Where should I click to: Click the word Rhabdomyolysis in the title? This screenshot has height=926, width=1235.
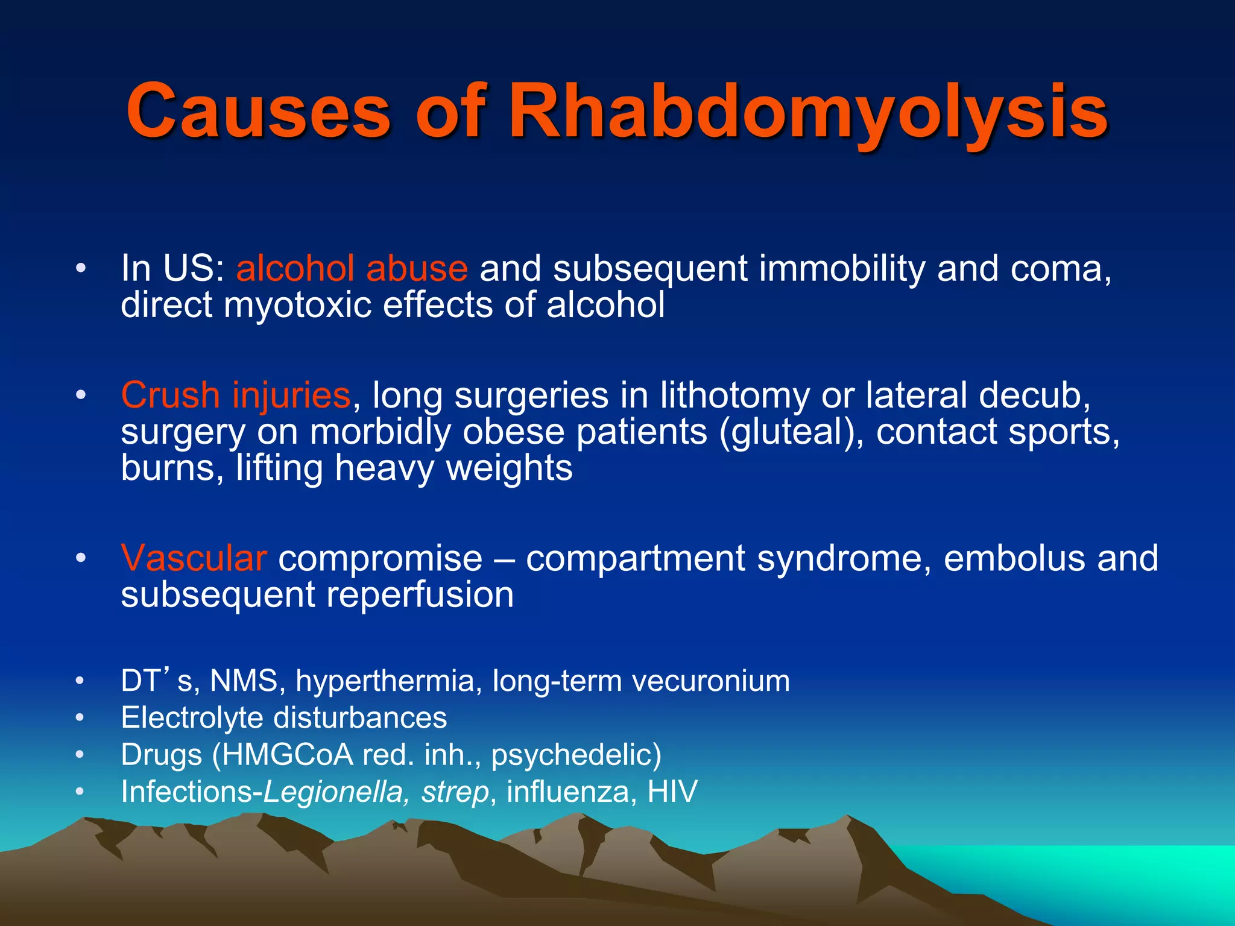808,112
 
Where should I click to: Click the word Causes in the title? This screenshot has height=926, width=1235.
258,112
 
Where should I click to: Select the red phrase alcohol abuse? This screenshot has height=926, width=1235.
352,268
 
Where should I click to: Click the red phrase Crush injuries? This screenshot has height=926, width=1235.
235,395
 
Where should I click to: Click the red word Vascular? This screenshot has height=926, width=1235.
194,558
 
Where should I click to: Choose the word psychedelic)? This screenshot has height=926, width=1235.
576,755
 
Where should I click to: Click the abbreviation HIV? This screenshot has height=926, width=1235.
672,792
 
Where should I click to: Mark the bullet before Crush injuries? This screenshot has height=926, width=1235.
81,396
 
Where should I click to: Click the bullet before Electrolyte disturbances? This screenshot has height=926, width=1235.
81,718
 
